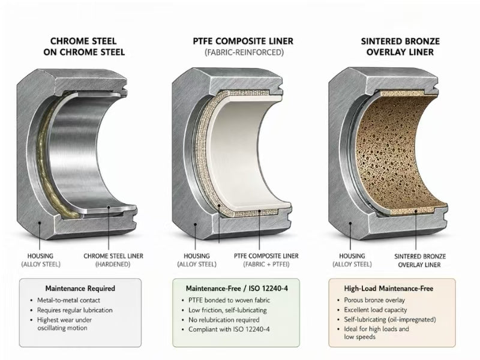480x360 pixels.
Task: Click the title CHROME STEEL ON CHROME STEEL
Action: (84, 47)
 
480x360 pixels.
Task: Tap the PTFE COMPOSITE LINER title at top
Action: (243, 41)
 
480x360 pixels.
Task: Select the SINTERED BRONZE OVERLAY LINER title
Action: (400, 47)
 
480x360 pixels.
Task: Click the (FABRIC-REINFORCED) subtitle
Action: (244, 52)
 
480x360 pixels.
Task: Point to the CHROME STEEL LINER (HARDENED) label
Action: (113, 260)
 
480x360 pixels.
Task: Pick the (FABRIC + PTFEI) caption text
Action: (266, 264)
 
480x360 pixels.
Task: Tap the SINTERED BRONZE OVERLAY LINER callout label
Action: (419, 260)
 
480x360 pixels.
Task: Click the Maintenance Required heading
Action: (80, 289)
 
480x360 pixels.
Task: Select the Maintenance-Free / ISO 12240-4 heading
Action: (236, 289)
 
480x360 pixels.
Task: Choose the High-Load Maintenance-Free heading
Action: (388, 289)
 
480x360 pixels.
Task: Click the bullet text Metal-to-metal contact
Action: (68, 301)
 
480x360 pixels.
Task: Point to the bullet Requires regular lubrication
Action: (74, 310)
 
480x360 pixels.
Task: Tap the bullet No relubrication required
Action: (224, 320)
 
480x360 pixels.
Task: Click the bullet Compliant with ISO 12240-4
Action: (229, 329)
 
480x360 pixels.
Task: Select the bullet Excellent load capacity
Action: (376, 310)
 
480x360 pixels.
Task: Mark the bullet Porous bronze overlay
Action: (374, 300)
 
